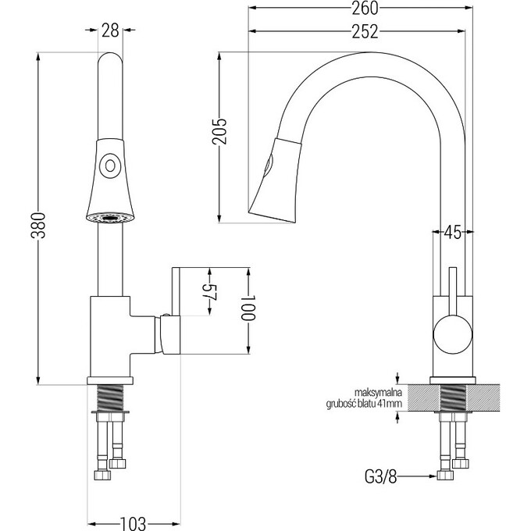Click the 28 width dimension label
110,31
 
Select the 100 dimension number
248,311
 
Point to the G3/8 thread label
382,474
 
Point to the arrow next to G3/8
420,474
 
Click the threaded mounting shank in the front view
111,395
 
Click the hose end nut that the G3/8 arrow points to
446,475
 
